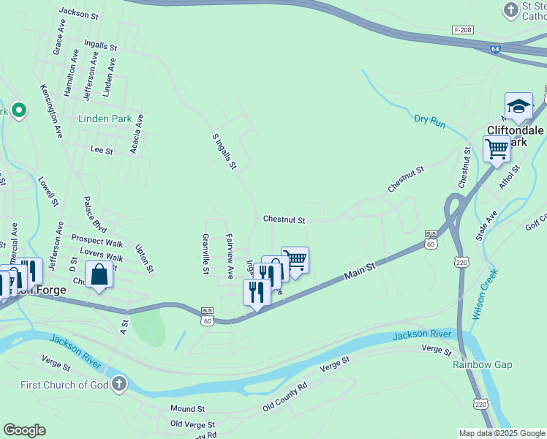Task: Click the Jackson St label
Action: [79, 13]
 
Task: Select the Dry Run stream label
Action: [429, 121]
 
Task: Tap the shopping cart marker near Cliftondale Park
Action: [497, 149]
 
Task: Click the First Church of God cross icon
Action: [119, 384]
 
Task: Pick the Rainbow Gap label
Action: [482, 364]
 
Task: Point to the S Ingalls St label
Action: [225, 151]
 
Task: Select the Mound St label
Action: [188, 408]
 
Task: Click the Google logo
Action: [24, 430]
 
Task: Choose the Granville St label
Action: [206, 254]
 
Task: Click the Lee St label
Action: [102, 150]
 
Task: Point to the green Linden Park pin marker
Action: [19, 111]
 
